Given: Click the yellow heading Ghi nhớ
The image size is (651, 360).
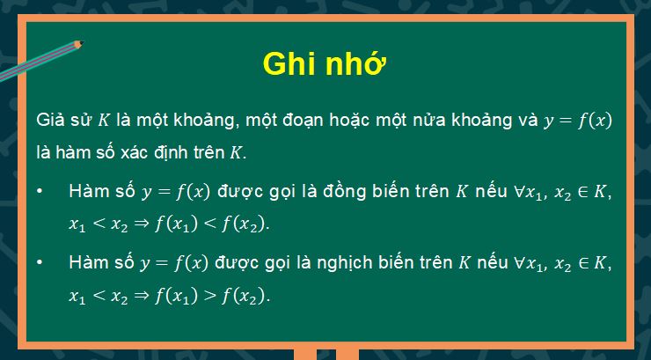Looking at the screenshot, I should click(325, 66).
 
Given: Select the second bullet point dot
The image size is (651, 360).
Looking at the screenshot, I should click(43, 263).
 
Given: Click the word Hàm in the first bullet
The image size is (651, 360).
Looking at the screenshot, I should click(85, 192).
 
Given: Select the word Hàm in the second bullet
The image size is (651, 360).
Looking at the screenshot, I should click(85, 263).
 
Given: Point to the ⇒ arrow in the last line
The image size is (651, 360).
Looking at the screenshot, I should click(143, 296).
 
